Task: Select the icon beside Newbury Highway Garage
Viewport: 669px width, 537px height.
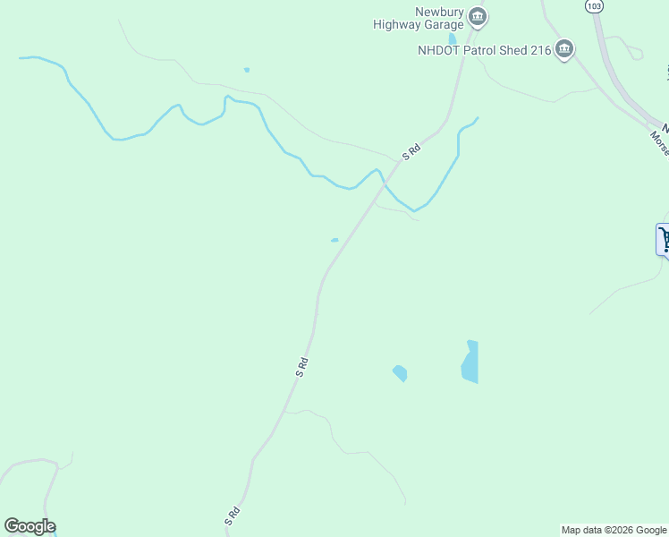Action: tap(478, 17)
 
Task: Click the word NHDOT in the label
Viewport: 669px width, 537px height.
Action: tap(437, 50)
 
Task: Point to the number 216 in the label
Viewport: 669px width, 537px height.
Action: tap(540, 50)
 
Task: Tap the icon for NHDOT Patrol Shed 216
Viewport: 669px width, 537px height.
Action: tap(563, 49)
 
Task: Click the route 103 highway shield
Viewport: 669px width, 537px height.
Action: tap(594, 5)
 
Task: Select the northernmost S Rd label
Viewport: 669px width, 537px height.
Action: tap(411, 153)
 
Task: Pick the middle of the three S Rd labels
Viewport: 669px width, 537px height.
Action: tap(302, 366)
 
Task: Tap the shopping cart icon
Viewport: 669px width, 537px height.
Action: tap(664, 239)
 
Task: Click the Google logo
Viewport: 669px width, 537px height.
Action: tap(30, 526)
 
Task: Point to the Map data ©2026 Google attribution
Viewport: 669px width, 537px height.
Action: tap(614, 530)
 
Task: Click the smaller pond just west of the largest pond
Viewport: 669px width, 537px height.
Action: tap(400, 372)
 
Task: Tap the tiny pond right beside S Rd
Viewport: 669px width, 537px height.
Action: tap(334, 240)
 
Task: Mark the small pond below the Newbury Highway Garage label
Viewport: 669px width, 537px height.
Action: tap(453, 38)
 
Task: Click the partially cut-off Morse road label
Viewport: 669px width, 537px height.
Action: tap(660, 141)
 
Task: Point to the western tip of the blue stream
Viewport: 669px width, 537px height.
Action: tap(21, 58)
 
